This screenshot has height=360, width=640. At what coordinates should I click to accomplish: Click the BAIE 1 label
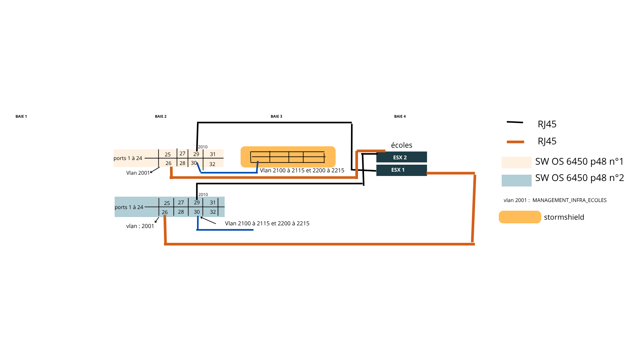pos(21,116)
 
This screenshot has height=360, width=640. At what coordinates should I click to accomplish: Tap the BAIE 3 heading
pos(276,116)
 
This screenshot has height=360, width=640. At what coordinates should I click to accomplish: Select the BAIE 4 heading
pos(400,116)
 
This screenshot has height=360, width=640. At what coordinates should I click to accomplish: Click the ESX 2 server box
pos(401,157)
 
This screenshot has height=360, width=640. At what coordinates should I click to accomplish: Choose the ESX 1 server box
pos(401,170)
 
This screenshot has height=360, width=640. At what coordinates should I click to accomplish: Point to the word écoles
pos(401,145)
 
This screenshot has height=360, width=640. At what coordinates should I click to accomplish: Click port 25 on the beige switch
pos(168,155)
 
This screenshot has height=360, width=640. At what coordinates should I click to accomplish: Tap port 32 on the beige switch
pos(212,164)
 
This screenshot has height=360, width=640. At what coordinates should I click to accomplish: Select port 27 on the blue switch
pos(181,202)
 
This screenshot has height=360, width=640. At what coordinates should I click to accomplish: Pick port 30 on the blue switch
pos(197,212)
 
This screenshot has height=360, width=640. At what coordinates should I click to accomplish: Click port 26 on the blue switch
pos(165,212)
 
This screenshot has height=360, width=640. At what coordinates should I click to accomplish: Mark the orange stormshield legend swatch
pos(520,217)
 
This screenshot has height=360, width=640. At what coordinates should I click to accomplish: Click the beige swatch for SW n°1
pos(516,162)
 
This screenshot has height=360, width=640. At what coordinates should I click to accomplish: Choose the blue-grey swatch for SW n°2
pos(516,180)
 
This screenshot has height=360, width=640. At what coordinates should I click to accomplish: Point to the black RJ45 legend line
pos(515,122)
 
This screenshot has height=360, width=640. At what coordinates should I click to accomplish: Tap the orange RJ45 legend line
pos(515,142)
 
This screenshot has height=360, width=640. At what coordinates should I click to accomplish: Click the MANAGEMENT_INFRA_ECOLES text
pos(569,200)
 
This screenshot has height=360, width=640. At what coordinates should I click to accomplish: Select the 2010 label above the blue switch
pos(203,195)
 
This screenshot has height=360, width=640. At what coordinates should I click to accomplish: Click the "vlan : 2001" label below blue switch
pos(140,226)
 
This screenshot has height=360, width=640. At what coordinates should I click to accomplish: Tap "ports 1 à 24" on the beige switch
pos(128,158)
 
